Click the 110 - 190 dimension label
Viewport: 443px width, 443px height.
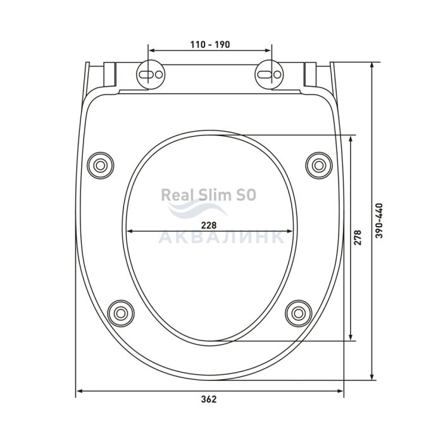point(210,45)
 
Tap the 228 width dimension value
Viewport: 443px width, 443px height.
point(209,225)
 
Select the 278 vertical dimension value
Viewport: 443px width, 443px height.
point(358,237)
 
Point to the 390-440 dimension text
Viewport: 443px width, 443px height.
point(380,221)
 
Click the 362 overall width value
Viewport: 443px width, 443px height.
point(209,399)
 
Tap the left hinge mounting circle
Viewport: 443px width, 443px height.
point(151,74)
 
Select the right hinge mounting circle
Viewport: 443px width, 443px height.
point(269,74)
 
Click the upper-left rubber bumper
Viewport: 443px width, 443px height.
point(100,165)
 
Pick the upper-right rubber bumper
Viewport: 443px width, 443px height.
point(319,165)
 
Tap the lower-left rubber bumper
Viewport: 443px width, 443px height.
point(121,313)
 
